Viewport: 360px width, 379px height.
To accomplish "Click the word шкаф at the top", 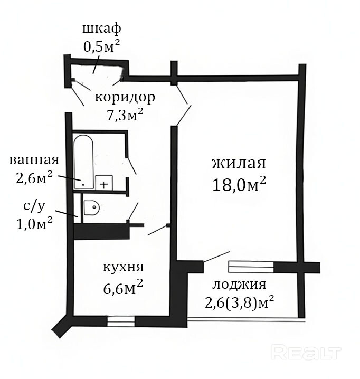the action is (x=101, y=29).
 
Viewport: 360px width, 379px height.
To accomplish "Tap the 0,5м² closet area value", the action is (x=101, y=46).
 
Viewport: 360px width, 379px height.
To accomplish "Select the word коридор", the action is (x=125, y=98).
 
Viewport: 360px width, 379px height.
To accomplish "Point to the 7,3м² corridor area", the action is (x=125, y=115).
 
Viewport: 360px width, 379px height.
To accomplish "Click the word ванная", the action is (x=34, y=160).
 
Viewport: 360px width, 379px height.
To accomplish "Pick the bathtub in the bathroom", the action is (x=83, y=162).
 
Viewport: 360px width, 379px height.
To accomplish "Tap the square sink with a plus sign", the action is (x=104, y=183).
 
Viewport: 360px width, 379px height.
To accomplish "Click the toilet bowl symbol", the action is (x=92, y=207).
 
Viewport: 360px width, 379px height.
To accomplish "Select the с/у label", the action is (x=34, y=207).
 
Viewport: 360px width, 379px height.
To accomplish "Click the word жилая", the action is (x=239, y=164).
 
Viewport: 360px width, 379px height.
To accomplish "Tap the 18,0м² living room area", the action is (x=239, y=184).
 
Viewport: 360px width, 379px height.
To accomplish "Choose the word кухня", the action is (x=124, y=268).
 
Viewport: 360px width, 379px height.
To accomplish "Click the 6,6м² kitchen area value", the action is (x=123, y=287).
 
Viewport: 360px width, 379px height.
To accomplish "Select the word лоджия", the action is (x=239, y=284).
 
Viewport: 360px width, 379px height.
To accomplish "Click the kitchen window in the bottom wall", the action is (x=121, y=321).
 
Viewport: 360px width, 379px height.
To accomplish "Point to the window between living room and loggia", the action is (x=251, y=267).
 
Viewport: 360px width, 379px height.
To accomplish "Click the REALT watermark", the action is (x=306, y=353).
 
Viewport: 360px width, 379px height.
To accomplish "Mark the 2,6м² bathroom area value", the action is (x=34, y=178).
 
